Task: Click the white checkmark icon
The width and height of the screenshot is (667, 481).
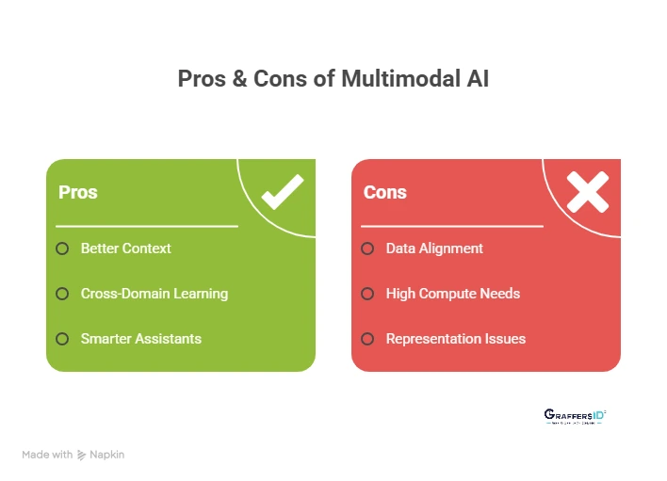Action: pos(282,192)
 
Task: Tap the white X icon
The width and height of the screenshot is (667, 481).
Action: pos(588,192)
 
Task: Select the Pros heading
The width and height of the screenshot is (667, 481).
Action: pos(78,192)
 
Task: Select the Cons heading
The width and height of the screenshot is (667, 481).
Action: pos(385,192)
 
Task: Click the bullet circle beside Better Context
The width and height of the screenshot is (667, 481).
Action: pos(62,249)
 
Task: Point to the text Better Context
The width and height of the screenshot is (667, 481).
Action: pos(126,249)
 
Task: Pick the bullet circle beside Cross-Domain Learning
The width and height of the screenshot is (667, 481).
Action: pos(62,294)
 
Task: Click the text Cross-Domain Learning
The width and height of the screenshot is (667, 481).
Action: pos(155,294)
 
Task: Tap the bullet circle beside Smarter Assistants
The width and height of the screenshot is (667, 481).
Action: pos(62,339)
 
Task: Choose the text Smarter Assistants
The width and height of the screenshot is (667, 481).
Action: pos(141,339)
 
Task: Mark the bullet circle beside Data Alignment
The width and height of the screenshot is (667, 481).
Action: pos(367,249)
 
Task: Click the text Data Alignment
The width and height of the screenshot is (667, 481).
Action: pos(434,249)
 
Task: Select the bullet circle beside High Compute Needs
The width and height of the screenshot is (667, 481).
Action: pos(367,294)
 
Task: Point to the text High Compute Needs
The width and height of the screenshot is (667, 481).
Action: pos(453,294)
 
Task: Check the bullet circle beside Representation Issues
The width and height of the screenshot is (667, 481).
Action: pos(367,339)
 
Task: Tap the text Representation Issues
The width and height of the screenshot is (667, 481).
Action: pos(456,339)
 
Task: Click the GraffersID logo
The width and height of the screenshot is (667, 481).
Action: pos(575,416)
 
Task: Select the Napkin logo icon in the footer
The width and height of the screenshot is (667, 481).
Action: pos(82,455)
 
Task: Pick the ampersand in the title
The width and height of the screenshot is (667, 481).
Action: pos(239,79)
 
